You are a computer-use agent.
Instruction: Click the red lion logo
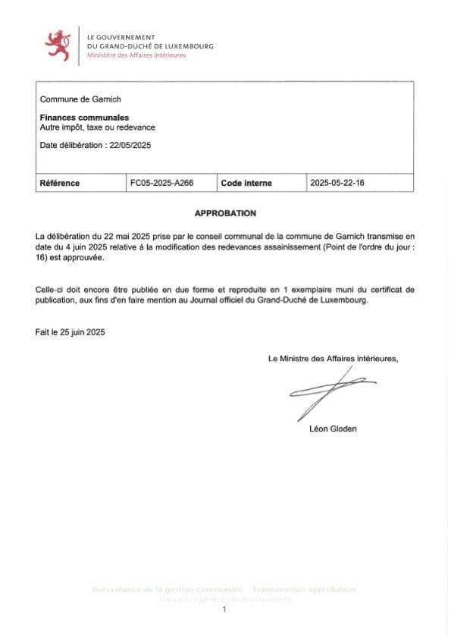(x=58, y=45)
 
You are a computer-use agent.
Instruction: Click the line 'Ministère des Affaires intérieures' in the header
(x=136, y=55)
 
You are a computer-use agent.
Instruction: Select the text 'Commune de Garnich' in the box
(x=80, y=99)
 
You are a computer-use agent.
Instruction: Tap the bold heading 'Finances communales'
(x=84, y=118)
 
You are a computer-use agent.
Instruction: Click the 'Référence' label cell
(x=60, y=183)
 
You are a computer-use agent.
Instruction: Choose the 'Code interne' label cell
(x=246, y=183)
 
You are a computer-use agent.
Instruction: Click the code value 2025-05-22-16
(x=337, y=183)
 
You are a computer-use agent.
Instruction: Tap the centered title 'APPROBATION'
(x=225, y=214)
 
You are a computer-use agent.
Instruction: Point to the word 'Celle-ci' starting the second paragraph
(x=50, y=291)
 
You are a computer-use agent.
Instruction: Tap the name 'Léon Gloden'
(x=333, y=429)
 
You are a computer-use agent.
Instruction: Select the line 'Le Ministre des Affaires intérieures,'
(x=333, y=358)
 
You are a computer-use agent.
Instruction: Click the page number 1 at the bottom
(x=224, y=610)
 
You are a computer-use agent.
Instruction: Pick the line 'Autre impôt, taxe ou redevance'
(x=97, y=127)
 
